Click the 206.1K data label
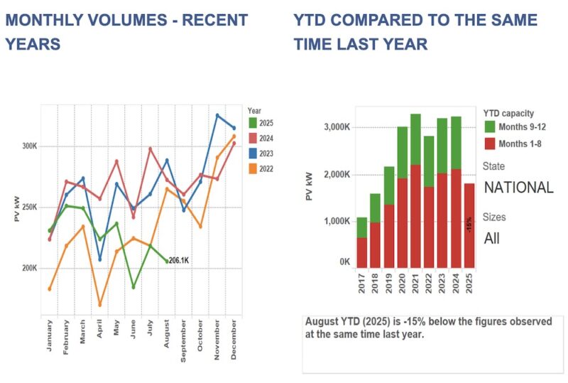(x=180, y=261)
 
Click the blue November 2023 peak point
(x=218, y=115)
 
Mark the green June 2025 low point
(x=133, y=287)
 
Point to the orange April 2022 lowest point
(x=100, y=305)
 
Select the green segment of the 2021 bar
(x=415, y=139)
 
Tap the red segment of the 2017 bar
(x=362, y=253)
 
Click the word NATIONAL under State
(x=518, y=188)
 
